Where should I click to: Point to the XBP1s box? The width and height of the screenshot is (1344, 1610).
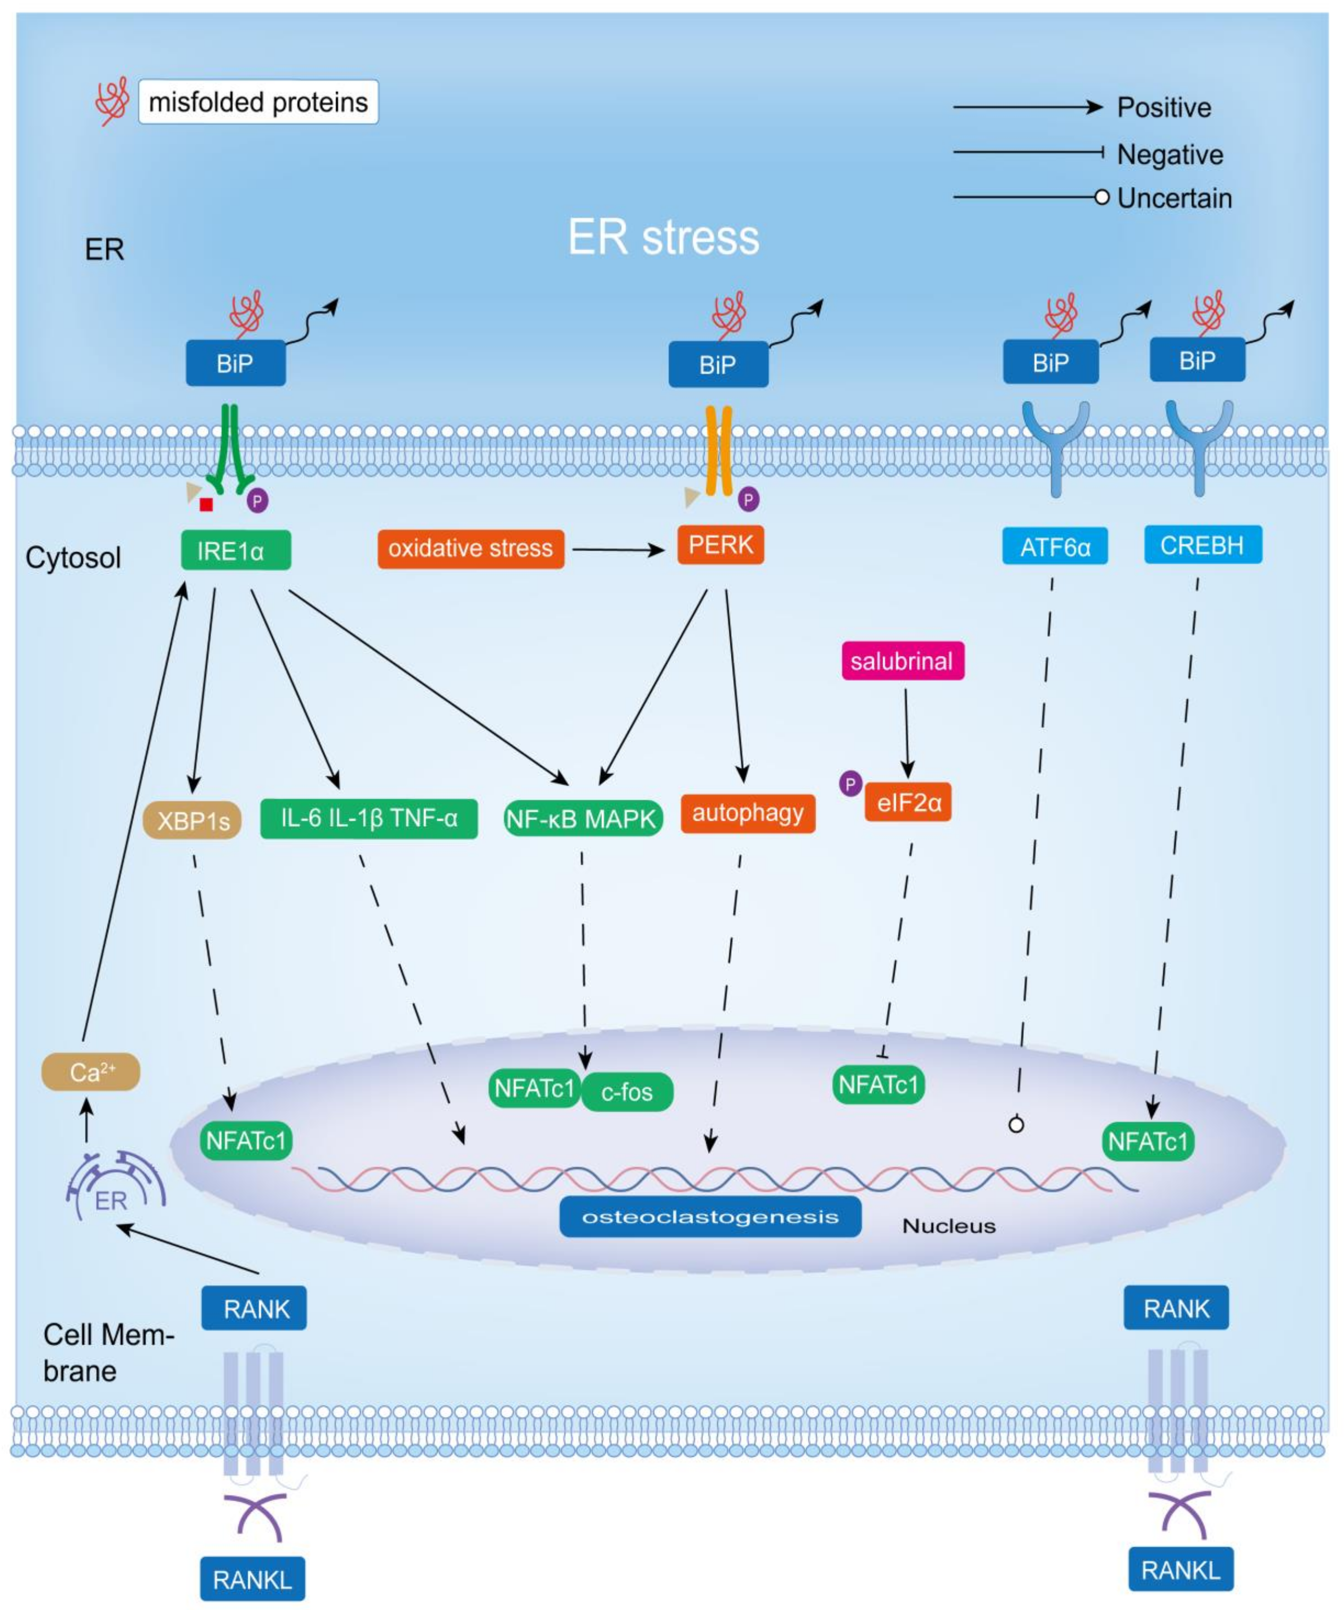pos(193,821)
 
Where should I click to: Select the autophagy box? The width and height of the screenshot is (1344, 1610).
pos(747,814)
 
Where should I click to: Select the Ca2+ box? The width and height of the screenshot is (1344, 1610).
pos(90,1072)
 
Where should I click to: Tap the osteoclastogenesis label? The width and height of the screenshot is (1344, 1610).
pos(710,1217)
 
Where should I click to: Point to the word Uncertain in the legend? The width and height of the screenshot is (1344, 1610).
pos(1174,199)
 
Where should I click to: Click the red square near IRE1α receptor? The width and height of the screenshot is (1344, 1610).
pos(205,504)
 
